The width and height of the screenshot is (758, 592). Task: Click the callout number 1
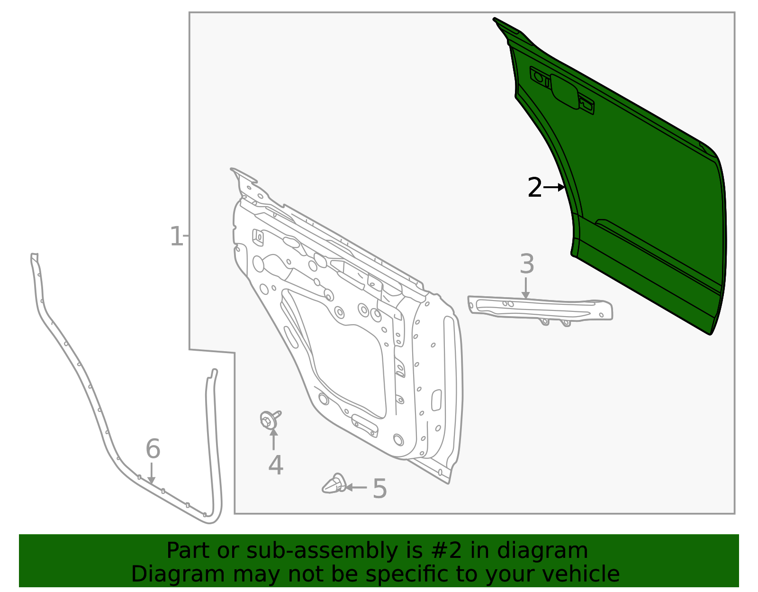[176, 237]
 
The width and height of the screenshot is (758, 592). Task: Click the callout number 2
[534, 188]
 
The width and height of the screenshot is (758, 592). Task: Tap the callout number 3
[526, 264]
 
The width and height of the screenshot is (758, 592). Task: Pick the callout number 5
[379, 489]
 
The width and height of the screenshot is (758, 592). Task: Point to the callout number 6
[153, 449]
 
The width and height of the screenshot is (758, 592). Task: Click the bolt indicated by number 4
[269, 419]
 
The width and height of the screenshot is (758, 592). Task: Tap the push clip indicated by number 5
[334, 484]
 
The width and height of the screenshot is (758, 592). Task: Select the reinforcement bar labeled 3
[540, 309]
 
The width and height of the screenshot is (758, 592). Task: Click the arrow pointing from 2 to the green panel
[554, 188]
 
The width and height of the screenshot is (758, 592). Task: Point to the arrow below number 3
[525, 288]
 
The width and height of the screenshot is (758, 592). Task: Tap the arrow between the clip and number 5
[356, 487]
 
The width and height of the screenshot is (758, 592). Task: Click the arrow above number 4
[273, 439]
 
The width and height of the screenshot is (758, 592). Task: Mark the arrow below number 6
[151, 474]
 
